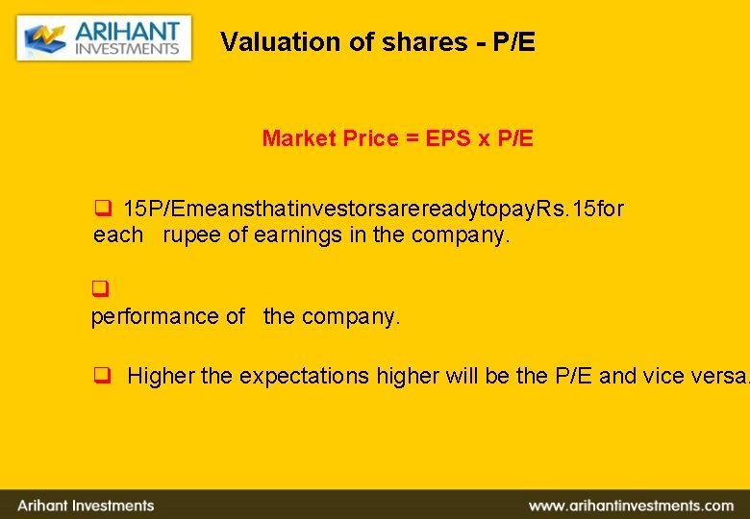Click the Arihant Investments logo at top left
[104, 38]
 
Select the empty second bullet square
[98, 288]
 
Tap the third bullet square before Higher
[100, 377]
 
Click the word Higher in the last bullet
[161, 377]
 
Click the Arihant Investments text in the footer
[86, 506]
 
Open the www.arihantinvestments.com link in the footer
[631, 506]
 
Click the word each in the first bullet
[118, 235]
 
